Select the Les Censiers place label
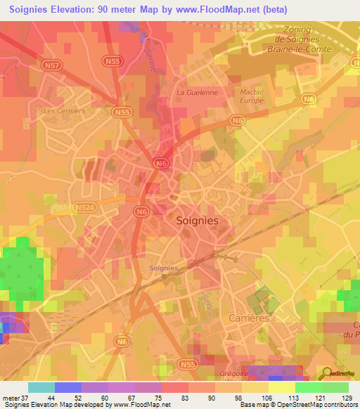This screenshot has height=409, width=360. tap(64, 111)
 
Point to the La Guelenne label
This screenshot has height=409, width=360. tap(198, 92)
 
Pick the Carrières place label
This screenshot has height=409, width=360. tap(249, 318)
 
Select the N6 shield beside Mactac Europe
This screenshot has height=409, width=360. tap(307, 99)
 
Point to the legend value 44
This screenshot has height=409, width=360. tap(51, 397)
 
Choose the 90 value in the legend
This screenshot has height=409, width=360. tap(212, 397)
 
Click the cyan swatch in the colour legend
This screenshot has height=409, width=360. tap(41, 387)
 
